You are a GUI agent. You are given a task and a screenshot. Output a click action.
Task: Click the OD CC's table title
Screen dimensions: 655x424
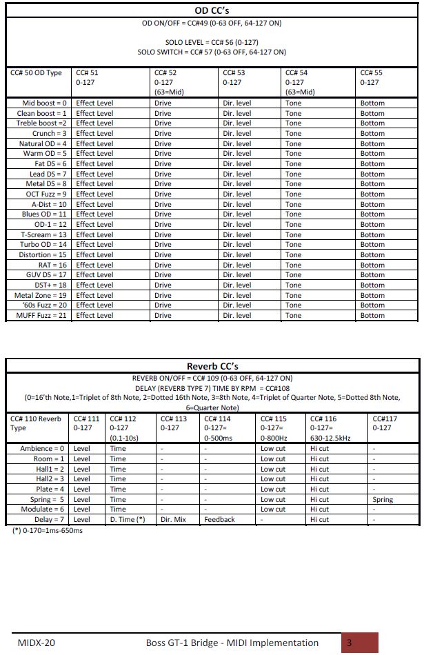[212, 10]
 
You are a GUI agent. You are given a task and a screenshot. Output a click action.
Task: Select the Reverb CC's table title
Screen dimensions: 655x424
[212, 366]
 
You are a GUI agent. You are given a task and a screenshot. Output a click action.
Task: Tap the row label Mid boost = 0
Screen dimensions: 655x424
[45, 103]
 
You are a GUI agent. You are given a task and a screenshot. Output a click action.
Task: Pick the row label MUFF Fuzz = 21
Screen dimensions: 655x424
[41, 316]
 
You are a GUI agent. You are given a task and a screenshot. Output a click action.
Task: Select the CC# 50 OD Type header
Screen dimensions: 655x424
[36, 73]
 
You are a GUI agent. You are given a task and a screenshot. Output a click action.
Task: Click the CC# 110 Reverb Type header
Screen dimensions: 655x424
[36, 423]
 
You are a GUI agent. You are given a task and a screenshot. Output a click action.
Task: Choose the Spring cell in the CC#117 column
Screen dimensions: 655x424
[383, 500]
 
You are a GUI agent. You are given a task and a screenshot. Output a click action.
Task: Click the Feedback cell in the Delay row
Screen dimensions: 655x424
[219, 520]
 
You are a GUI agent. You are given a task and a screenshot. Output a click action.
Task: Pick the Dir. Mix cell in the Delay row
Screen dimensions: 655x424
[173, 520]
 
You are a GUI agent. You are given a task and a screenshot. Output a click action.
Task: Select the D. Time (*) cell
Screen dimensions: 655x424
[128, 520]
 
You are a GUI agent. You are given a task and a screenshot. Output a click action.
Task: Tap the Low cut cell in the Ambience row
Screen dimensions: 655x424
[272, 449]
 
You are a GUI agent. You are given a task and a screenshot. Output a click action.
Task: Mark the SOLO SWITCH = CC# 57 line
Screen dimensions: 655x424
[212, 52]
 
